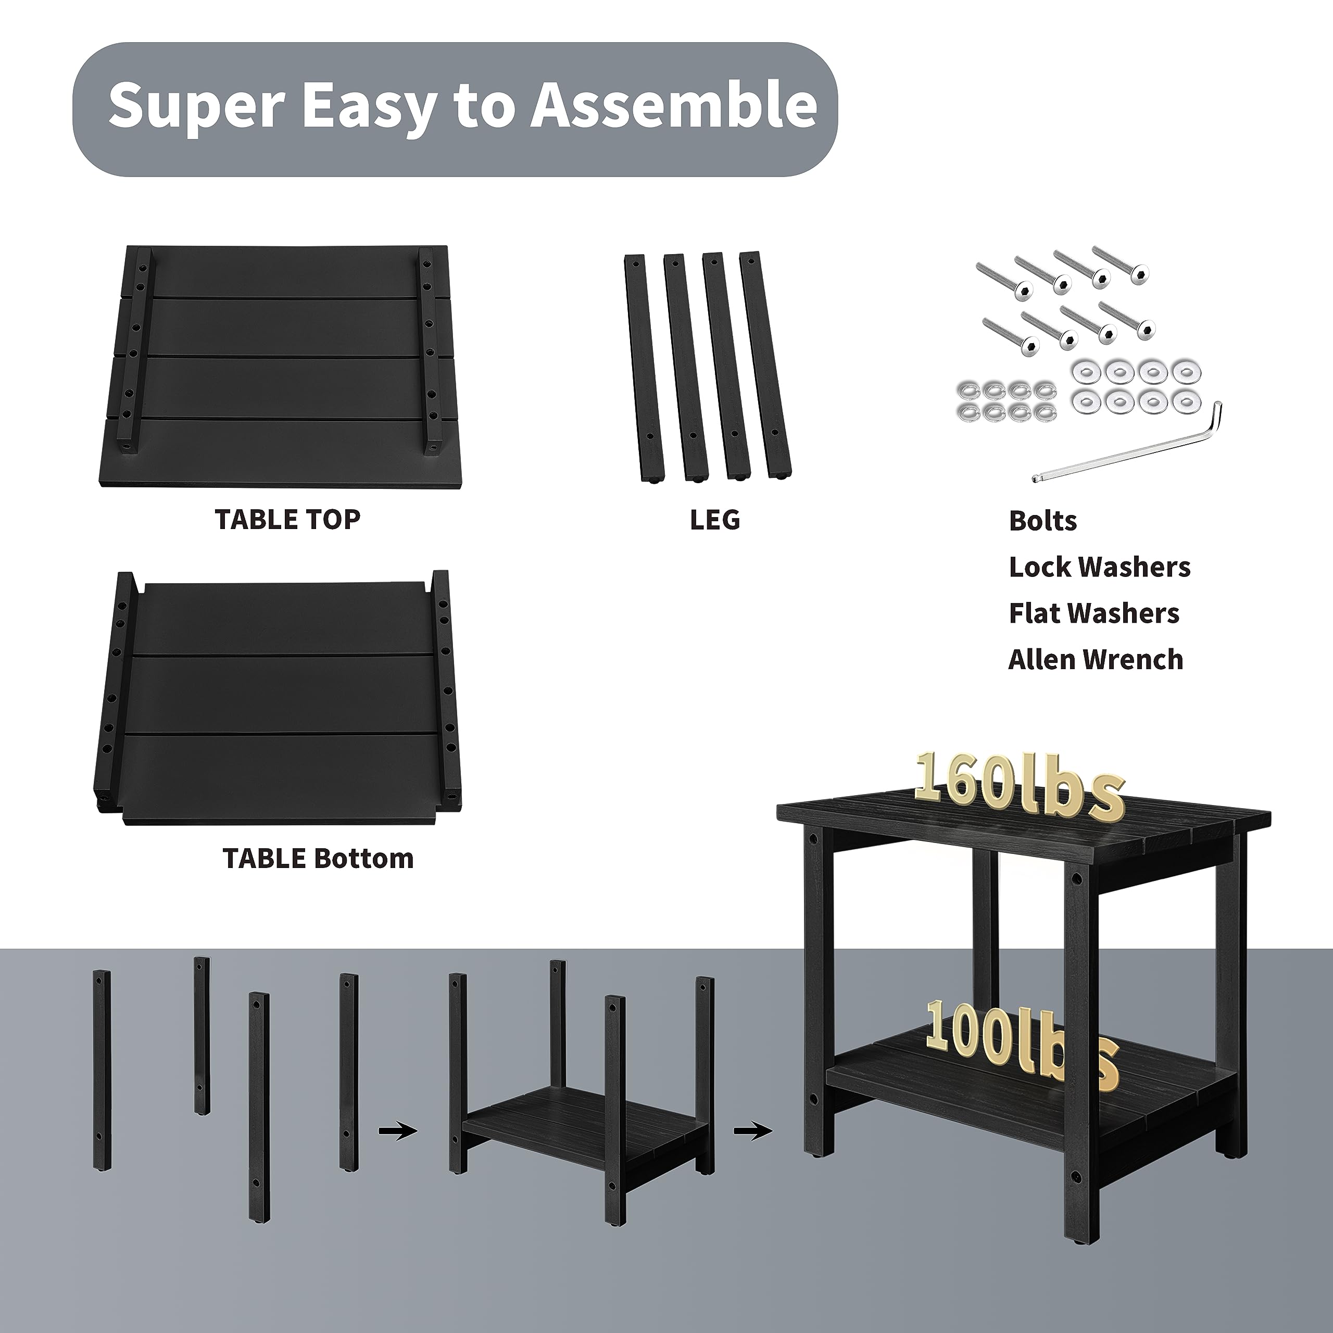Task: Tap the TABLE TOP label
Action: coord(288,520)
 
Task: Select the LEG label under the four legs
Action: coord(715,520)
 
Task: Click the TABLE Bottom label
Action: coord(318,858)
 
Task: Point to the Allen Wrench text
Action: coord(1096,660)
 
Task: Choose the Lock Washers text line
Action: coord(1100,567)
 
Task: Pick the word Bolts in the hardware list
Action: coord(1042,521)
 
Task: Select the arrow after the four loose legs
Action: coord(398,1131)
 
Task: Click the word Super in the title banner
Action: coord(197,106)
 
